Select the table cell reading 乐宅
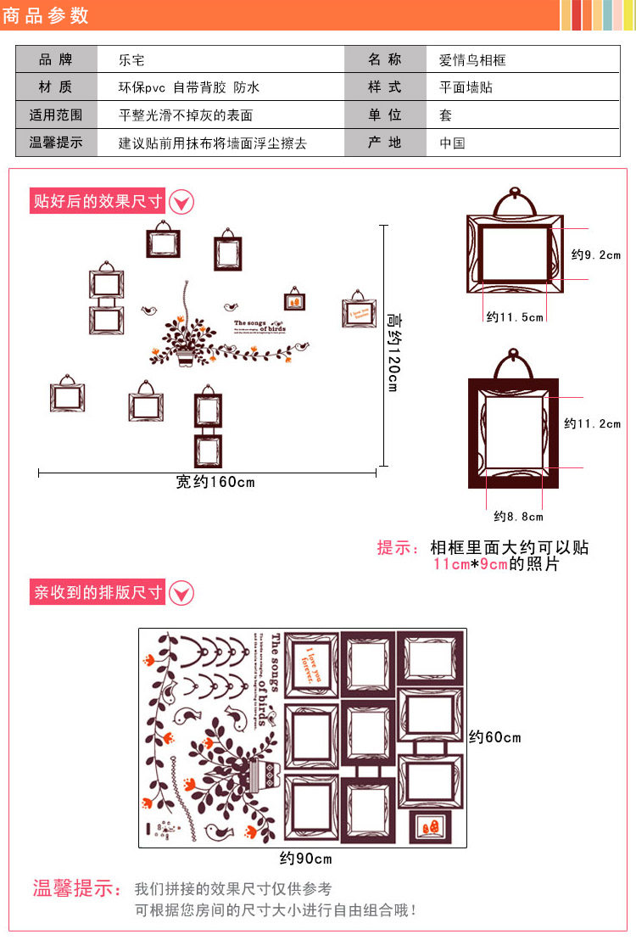[132, 60]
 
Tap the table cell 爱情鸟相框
[472, 60]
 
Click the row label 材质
[56, 87]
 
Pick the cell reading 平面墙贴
[466, 87]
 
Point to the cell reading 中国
[452, 143]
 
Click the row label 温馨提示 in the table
[56, 143]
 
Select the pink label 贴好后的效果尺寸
[98, 201]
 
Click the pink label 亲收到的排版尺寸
[98, 592]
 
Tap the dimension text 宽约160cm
[215, 482]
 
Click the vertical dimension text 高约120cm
[393, 350]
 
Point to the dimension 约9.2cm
[596, 255]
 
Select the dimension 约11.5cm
[515, 316]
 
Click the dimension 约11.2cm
[593, 423]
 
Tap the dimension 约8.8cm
[518, 516]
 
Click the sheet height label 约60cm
[495, 737]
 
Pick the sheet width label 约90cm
[306, 859]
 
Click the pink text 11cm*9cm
[470, 564]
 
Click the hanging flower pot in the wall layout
[186, 356]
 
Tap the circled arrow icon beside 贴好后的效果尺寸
[182, 202]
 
